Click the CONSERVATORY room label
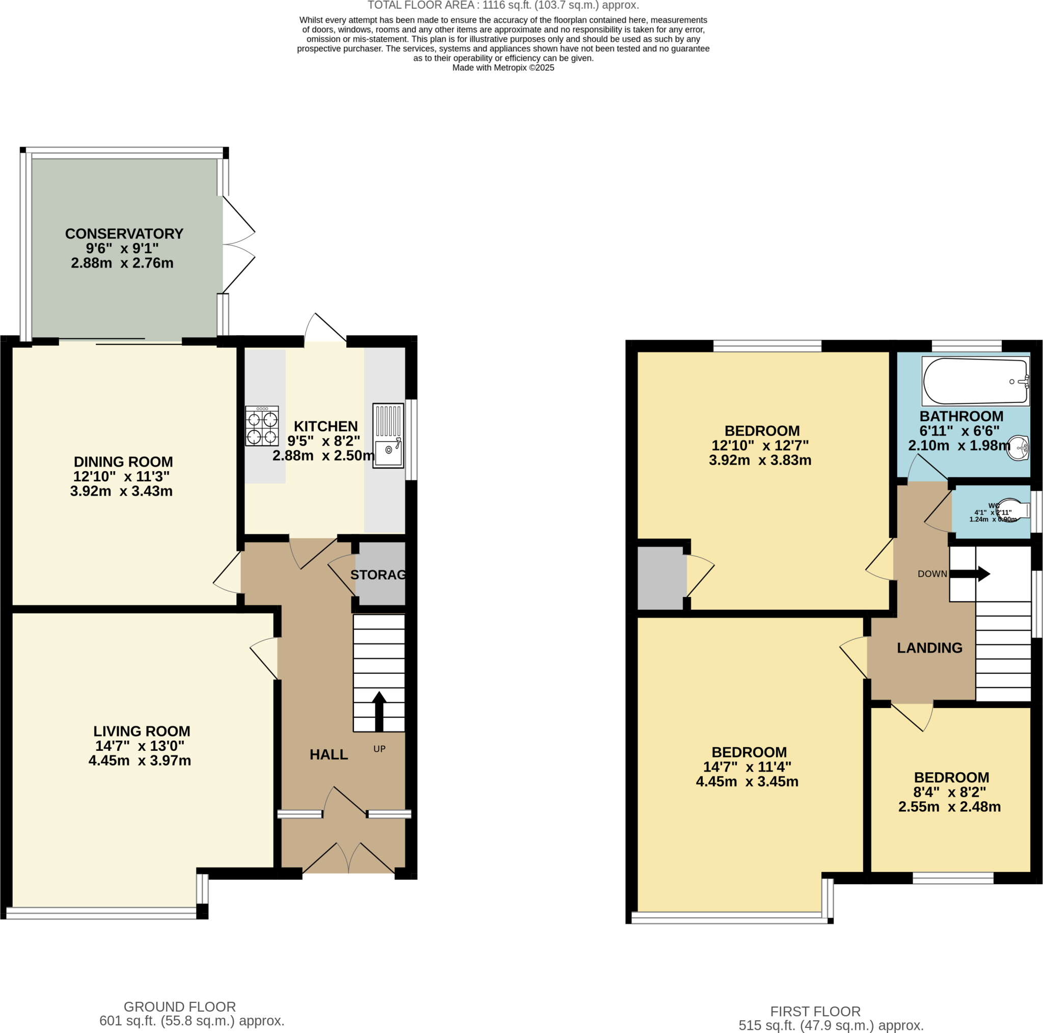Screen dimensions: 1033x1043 pyautogui.click(x=124, y=234)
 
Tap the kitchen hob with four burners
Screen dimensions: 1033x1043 pyautogui.click(x=262, y=426)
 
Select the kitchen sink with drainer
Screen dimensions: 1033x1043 pyautogui.click(x=388, y=435)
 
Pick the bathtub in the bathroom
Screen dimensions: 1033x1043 pyautogui.click(x=975, y=381)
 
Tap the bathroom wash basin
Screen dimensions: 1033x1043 pyautogui.click(x=1019, y=448)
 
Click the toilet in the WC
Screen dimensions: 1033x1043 pyautogui.click(x=1012, y=511)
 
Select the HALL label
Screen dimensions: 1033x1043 pyautogui.click(x=329, y=755)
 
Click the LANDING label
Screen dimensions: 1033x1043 pyautogui.click(x=929, y=648)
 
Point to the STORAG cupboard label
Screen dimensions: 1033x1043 pyautogui.click(x=378, y=575)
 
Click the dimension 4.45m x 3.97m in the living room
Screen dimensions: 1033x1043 pyautogui.click(x=140, y=761)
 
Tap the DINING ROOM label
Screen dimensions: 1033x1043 pyautogui.click(x=123, y=462)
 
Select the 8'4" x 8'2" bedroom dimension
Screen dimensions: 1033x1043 pyautogui.click(x=950, y=792)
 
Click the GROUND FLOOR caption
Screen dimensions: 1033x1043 pyautogui.click(x=180, y=1007)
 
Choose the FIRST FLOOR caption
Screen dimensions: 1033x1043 pyautogui.click(x=815, y=1012)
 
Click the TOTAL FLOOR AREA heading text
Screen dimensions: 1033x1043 pyautogui.click(x=503, y=6)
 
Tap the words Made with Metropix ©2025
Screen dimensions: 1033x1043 pyautogui.click(x=503, y=68)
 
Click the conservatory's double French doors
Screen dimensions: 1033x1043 pyautogui.click(x=237, y=244)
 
